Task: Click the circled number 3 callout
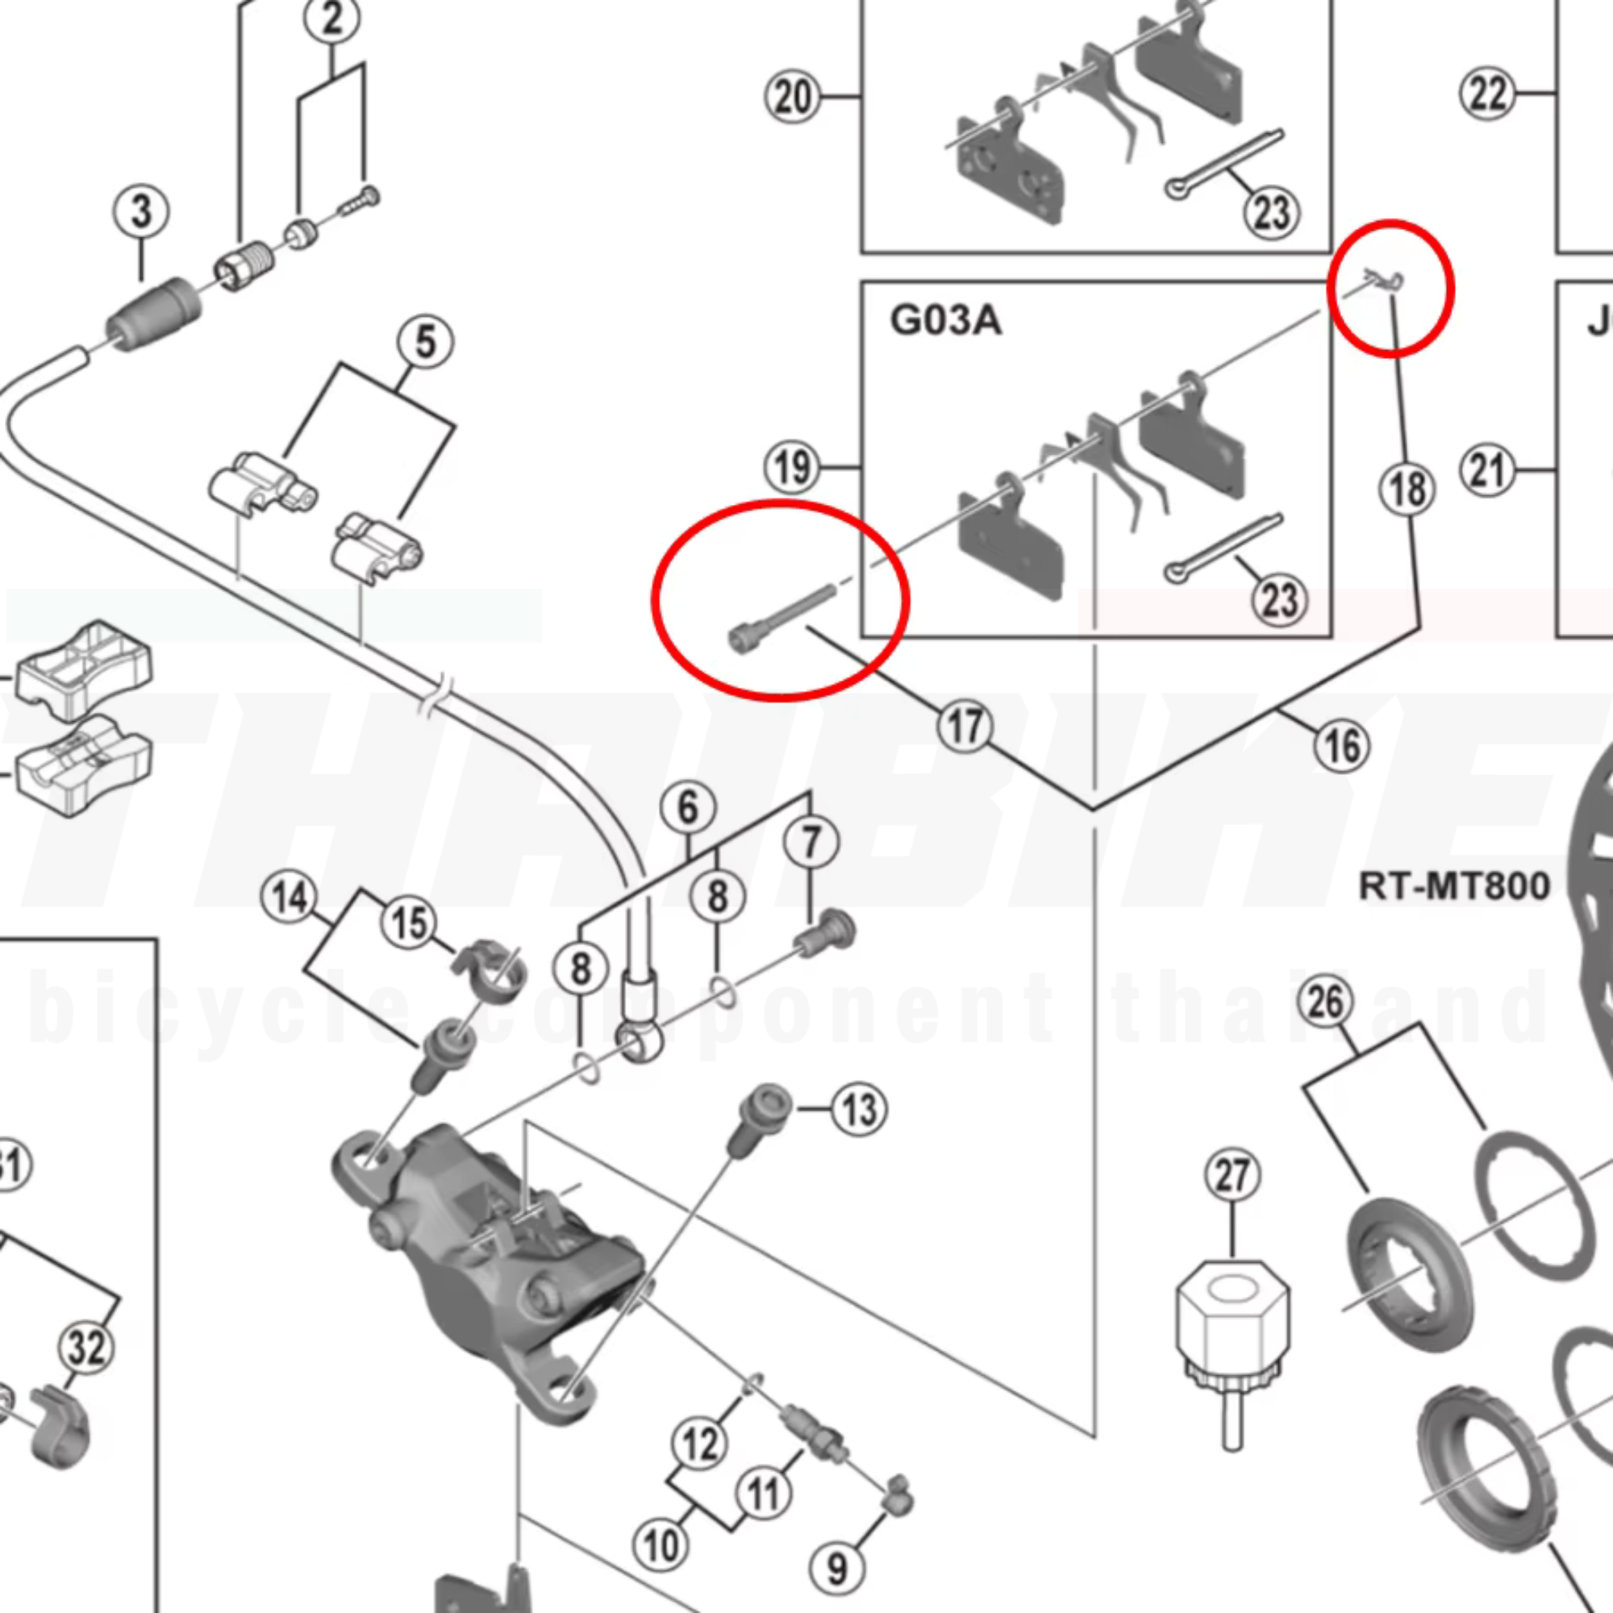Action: (141, 210)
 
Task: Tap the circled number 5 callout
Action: (425, 341)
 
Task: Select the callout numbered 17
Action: (965, 726)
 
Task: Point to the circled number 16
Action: (1342, 744)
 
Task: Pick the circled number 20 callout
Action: (791, 97)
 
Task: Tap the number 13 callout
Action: (859, 1110)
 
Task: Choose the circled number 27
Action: (1232, 1176)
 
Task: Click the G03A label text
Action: (945, 321)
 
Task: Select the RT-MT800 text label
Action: (1454, 885)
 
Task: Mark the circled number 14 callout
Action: (289, 898)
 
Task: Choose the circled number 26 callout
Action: (1326, 1002)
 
